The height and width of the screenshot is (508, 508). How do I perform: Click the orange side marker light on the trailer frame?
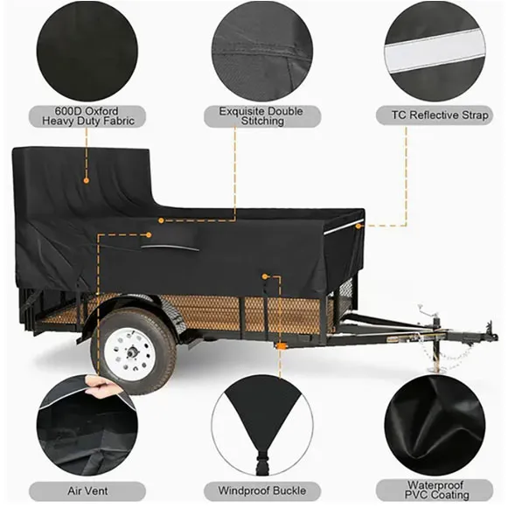click(282, 346)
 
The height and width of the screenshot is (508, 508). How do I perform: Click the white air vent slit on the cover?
click(170, 248)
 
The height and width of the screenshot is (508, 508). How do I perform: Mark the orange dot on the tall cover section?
click(86, 180)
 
